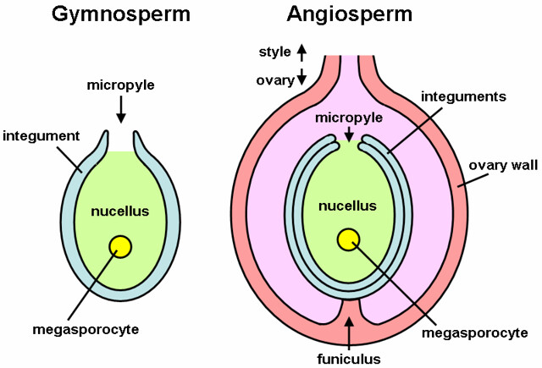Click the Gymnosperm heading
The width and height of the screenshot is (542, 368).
tap(120, 14)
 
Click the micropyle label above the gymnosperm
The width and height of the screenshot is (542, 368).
tap(121, 85)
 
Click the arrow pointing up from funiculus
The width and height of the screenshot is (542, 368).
tap(348, 332)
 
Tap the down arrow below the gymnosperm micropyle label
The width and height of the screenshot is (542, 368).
tap(121, 108)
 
